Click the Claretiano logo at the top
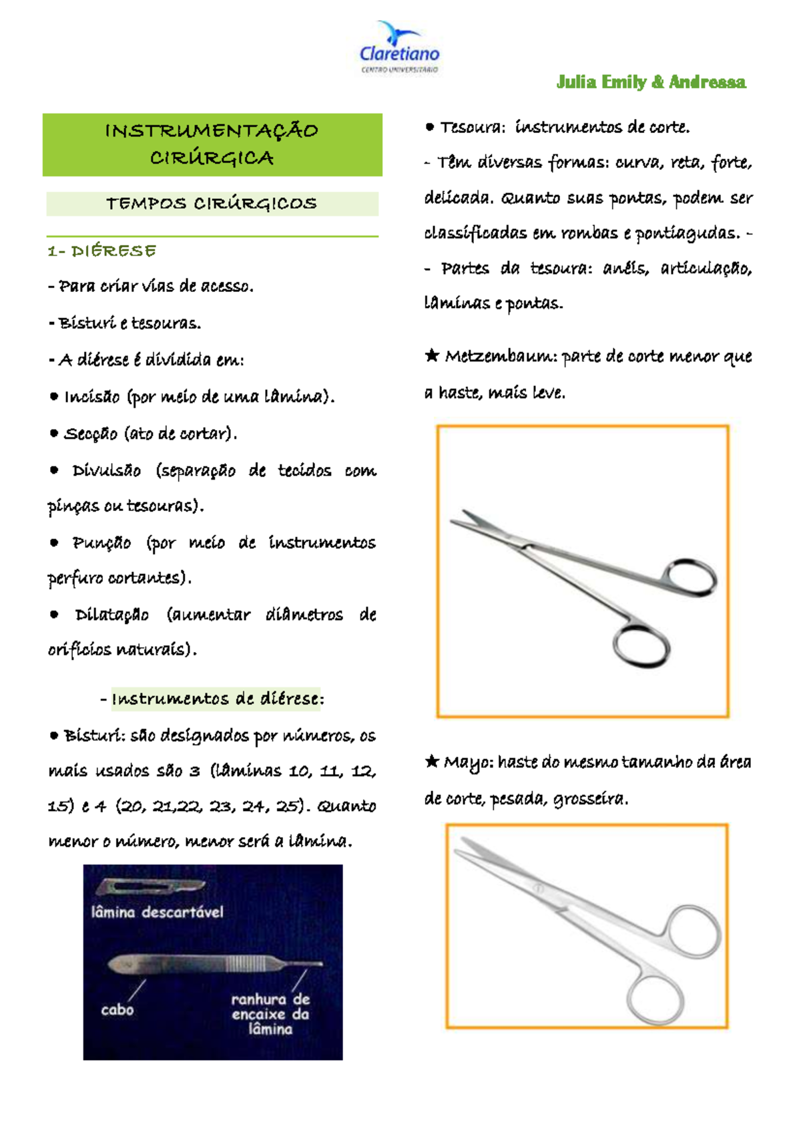pyautogui.click(x=399, y=48)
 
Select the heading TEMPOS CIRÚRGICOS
pyautogui.click(x=212, y=204)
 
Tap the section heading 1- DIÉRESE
pyautogui.click(x=101, y=251)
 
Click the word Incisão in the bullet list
pyautogui.click(x=91, y=397)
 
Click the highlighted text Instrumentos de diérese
pyautogui.click(x=216, y=699)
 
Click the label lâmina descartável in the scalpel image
pyautogui.click(x=157, y=913)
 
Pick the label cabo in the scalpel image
pyautogui.click(x=117, y=1009)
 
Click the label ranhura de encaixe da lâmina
pyautogui.click(x=270, y=1014)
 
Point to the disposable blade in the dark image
pyautogui.click(x=150, y=887)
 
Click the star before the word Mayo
pyautogui.click(x=432, y=761)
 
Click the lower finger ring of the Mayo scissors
pyautogui.click(x=655, y=1000)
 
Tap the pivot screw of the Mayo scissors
pyautogui.click(x=538, y=888)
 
